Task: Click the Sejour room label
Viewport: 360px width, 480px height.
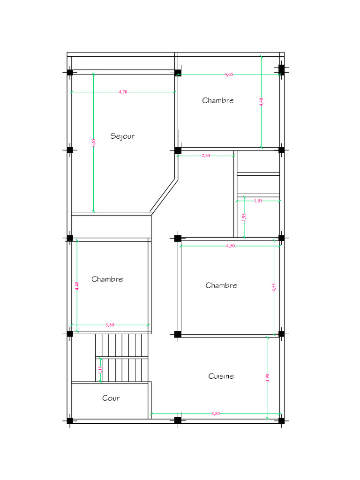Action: click(122, 136)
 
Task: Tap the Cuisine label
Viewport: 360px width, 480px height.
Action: click(221, 376)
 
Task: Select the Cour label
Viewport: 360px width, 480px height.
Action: click(111, 398)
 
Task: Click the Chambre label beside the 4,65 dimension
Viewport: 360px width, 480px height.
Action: click(218, 100)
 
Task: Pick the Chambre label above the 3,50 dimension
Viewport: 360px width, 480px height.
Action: click(107, 279)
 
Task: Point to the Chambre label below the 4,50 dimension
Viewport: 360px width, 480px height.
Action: click(221, 285)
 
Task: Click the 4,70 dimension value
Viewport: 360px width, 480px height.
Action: click(123, 92)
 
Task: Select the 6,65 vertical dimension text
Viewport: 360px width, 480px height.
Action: click(94, 142)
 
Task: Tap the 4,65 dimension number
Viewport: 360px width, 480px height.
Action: click(229, 75)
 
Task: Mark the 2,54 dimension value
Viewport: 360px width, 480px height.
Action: click(206, 156)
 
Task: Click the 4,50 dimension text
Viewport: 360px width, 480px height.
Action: click(230, 246)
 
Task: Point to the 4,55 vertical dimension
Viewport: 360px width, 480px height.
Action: click(274, 287)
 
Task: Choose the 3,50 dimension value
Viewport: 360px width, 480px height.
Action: click(110, 325)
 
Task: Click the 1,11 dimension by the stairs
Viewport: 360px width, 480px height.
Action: click(100, 370)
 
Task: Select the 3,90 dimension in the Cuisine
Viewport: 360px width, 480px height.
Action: click(268, 378)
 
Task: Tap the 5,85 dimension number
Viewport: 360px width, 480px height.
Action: click(216, 413)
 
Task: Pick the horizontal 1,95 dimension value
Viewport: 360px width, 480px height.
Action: click(258, 201)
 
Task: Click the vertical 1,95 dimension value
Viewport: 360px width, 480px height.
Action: click(244, 217)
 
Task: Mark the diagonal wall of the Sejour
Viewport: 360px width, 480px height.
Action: click(164, 196)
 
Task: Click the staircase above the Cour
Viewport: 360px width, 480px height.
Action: click(121, 358)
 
